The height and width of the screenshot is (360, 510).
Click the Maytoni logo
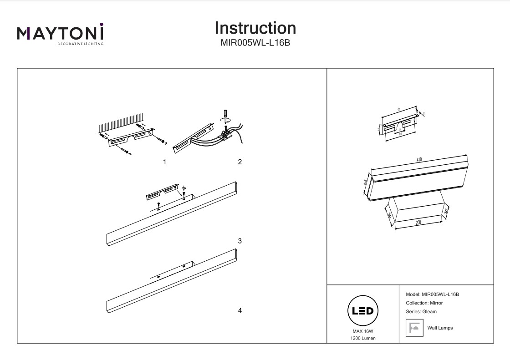point(60,34)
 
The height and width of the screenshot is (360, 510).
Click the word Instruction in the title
point(255,28)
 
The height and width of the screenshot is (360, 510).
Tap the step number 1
point(164,162)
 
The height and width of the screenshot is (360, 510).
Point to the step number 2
point(240,162)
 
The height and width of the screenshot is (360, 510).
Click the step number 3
point(240,241)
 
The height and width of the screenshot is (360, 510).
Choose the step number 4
point(240,310)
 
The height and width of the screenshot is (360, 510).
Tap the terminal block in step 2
point(226,133)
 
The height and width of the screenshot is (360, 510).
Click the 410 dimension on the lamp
point(419,160)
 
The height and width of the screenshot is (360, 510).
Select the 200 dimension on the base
point(418,223)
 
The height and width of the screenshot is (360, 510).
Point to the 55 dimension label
point(366,182)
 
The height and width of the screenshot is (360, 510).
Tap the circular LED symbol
point(363,311)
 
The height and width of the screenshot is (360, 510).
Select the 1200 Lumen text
point(363,339)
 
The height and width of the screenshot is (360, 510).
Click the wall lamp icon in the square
point(414,328)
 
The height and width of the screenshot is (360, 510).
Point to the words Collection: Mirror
point(424,303)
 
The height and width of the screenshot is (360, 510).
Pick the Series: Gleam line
point(421,312)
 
